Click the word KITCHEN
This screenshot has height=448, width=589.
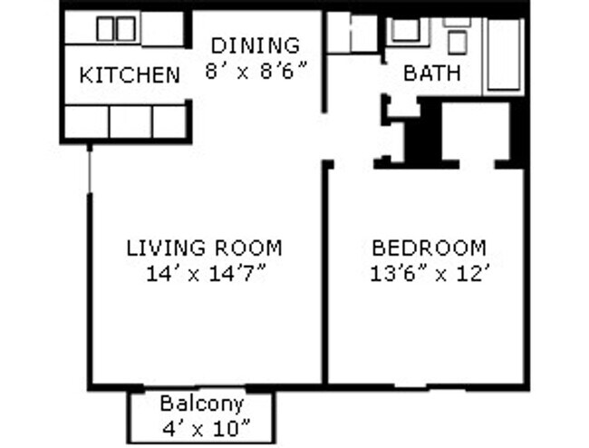tap(130, 74)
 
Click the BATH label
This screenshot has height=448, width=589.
tap(431, 73)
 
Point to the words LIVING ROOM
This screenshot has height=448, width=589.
tap(204, 247)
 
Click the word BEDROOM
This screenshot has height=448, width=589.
tap(429, 247)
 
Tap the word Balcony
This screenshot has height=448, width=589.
tap(201, 403)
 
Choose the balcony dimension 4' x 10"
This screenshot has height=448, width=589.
tap(201, 427)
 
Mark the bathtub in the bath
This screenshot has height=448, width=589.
tap(506, 54)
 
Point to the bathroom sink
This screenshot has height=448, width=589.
tap(404, 30)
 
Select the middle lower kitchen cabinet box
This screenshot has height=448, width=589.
tap(130, 122)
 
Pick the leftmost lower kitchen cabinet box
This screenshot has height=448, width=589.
tap(86, 122)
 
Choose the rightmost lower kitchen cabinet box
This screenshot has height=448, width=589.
tap(169, 122)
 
